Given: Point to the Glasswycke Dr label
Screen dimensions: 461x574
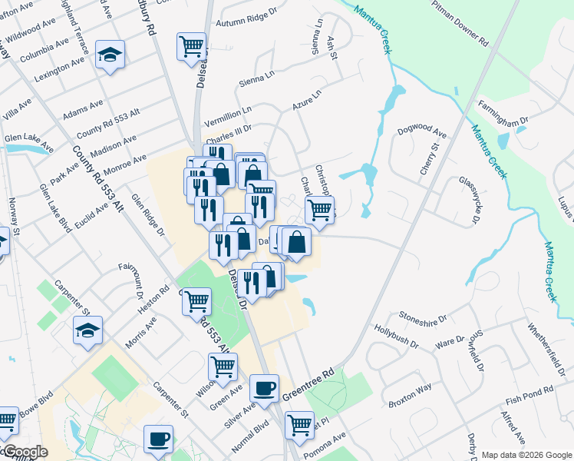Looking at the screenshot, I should pyautogui.click(x=469, y=201).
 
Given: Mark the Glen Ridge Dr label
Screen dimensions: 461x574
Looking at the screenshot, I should pyautogui.click(x=148, y=214).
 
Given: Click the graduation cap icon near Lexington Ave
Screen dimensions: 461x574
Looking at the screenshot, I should pyautogui.click(x=111, y=55).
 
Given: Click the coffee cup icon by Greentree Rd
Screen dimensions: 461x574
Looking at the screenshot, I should pyautogui.click(x=265, y=388).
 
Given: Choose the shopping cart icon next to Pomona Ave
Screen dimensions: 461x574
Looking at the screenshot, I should pyautogui.click(x=299, y=424).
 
